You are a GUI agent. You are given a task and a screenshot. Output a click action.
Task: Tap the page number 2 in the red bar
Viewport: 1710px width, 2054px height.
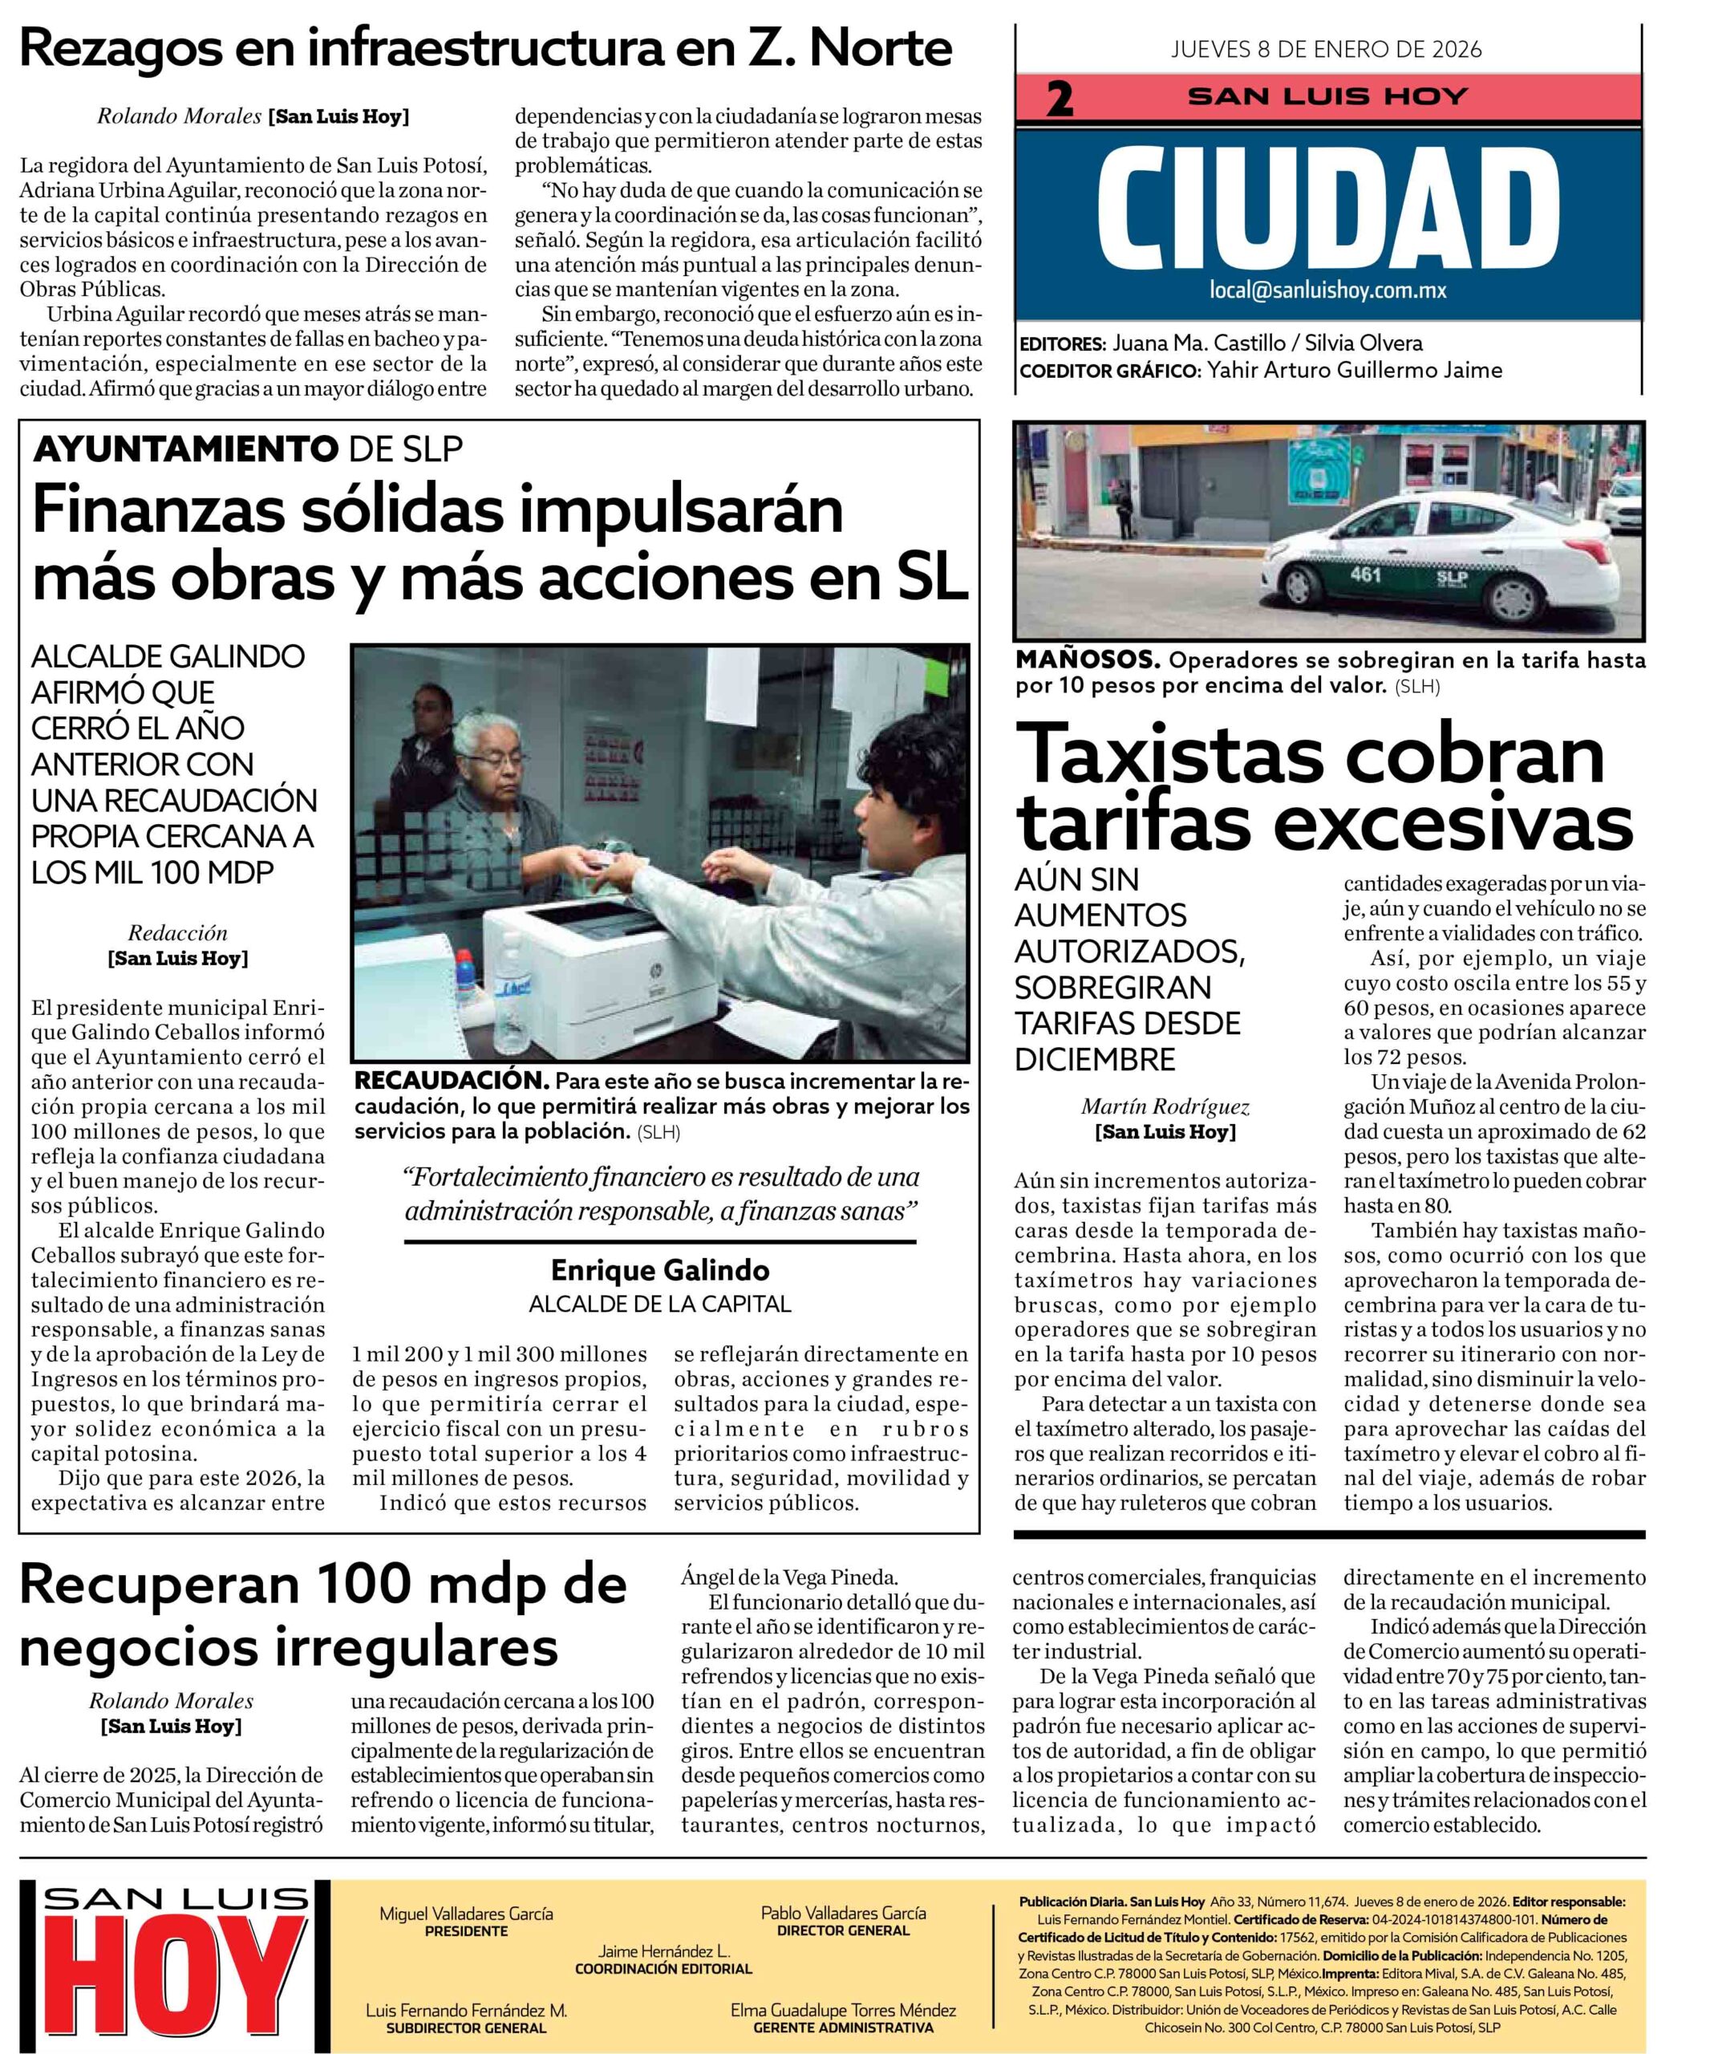pos(1059,99)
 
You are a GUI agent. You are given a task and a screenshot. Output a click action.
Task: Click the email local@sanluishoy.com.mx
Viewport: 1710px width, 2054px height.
pos(1327,290)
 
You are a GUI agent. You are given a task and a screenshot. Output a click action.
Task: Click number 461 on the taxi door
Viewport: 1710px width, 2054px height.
pos(1365,575)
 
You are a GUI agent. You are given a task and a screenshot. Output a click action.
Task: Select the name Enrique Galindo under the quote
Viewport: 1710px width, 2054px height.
pos(660,1271)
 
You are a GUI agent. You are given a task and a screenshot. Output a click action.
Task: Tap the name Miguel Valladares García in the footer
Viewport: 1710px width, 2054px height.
pos(465,1912)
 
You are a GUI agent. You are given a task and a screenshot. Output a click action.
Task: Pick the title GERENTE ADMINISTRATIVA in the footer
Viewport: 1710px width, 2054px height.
pos(843,2027)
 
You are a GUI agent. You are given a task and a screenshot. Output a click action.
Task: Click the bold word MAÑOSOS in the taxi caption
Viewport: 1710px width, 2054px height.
pos(1088,660)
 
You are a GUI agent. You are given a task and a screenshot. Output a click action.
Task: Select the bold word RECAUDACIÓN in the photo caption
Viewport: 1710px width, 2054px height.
pos(451,1081)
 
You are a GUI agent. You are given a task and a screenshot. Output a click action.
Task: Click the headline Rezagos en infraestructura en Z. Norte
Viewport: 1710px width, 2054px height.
pos(486,48)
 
